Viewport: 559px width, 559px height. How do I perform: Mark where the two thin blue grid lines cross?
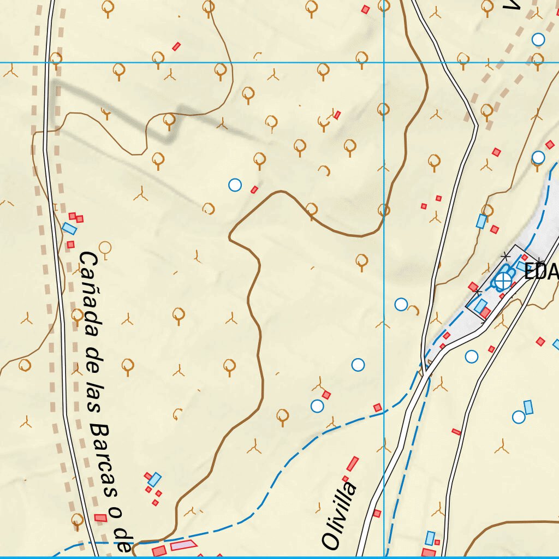[384, 62]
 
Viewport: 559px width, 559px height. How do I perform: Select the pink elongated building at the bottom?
[183, 545]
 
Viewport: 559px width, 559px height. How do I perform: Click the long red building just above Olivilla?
[353, 464]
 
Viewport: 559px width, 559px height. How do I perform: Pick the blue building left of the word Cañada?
[69, 228]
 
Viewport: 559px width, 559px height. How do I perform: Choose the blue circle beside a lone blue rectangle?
[519, 417]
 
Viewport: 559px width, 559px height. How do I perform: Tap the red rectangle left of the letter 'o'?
[100, 518]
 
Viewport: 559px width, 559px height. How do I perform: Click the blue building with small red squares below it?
[155, 479]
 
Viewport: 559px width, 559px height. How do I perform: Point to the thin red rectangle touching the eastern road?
[456, 432]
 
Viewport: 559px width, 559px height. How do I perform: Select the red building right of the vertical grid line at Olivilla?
[377, 513]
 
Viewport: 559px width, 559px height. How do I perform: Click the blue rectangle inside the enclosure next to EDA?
[480, 306]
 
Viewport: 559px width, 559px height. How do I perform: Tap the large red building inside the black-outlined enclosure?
[485, 312]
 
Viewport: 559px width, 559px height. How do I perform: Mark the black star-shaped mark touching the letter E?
[538, 261]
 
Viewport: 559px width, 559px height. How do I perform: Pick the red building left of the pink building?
[159, 550]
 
